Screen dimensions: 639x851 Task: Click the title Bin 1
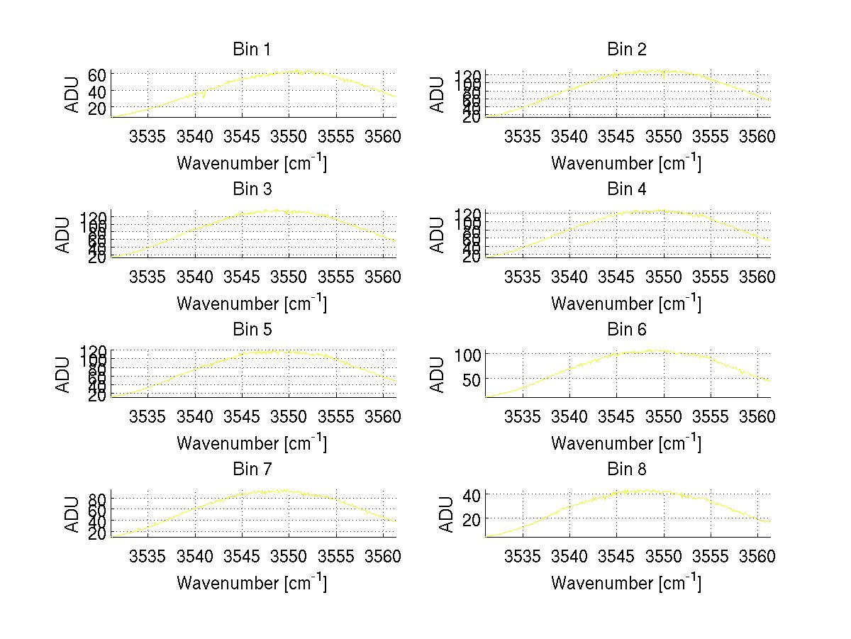[x=252, y=50]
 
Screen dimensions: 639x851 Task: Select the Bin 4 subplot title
[x=626, y=189]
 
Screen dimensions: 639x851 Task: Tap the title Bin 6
[x=626, y=330]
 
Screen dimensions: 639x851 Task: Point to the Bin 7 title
[x=252, y=469]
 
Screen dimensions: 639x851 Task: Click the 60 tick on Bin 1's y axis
[x=98, y=75]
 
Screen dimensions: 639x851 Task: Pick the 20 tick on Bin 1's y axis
[x=98, y=108]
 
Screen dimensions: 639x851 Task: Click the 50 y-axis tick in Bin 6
[x=472, y=379]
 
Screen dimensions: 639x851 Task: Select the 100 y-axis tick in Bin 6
[x=468, y=354]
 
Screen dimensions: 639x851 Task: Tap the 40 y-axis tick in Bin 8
[x=472, y=494]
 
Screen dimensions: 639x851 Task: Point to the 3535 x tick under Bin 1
[x=148, y=136]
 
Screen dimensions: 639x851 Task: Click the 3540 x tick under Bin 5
[x=195, y=416]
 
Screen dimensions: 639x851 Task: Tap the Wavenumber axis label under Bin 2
[x=626, y=162]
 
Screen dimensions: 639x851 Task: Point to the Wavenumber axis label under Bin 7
[x=252, y=582]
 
